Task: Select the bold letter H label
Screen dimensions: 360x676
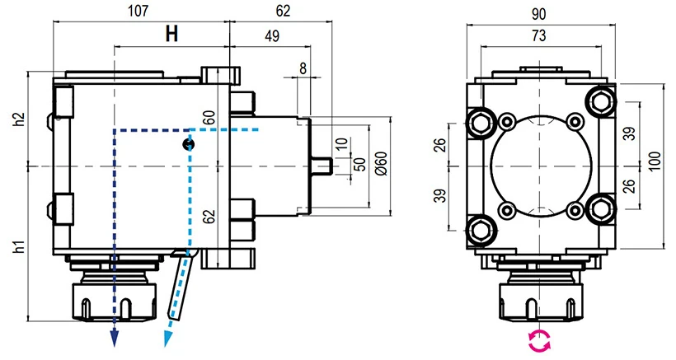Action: pos(171,35)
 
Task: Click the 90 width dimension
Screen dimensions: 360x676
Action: pos(540,13)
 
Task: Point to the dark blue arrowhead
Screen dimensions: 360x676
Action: pos(115,339)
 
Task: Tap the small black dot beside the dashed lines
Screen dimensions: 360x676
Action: pos(189,145)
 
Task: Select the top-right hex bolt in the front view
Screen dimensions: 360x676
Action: pos(599,101)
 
